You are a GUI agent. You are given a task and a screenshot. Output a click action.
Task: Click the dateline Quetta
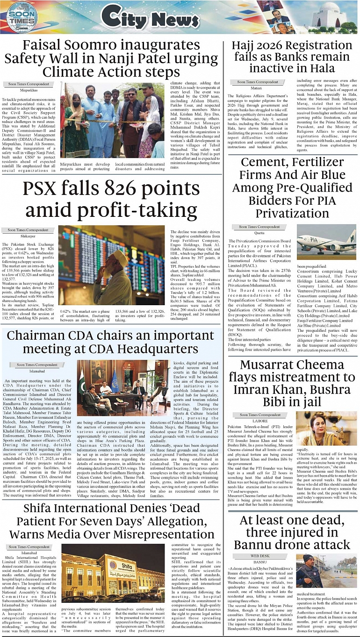point(259,233)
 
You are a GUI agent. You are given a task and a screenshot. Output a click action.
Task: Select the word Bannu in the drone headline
point(256,544)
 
